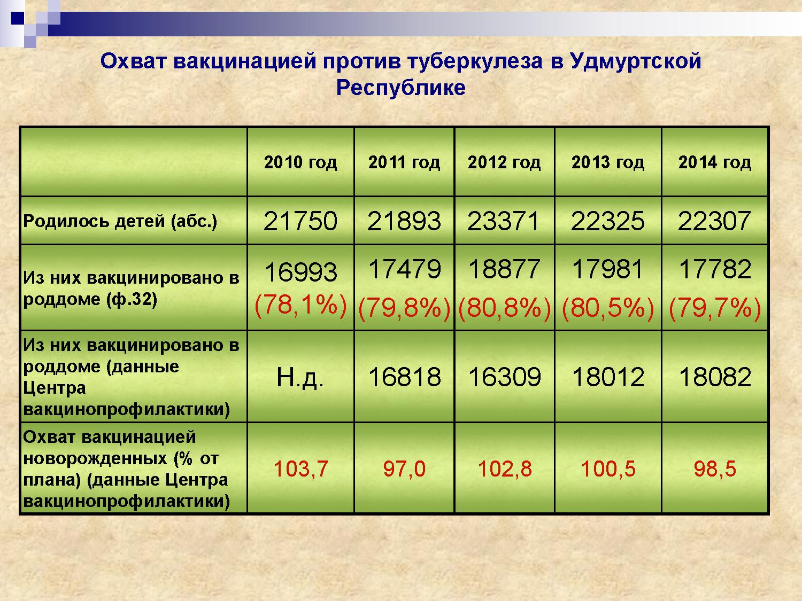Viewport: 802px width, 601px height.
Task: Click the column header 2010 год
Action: (300, 162)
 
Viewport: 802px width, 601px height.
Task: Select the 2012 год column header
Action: (504, 162)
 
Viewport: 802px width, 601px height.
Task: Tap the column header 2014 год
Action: (715, 162)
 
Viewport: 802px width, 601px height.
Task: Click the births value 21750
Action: (300, 221)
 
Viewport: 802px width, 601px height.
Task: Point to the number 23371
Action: (504, 221)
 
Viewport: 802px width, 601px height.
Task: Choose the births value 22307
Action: (715, 221)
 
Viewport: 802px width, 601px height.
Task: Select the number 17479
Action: (404, 269)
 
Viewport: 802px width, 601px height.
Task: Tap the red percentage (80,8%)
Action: (504, 308)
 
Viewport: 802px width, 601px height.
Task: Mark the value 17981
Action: (607, 269)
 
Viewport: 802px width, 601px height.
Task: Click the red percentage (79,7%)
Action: (715, 308)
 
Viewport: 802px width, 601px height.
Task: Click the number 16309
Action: (505, 377)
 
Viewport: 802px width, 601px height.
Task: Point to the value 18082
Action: (715, 377)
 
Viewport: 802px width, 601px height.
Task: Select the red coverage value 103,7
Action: (300, 469)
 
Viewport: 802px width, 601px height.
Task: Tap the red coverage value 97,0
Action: (404, 469)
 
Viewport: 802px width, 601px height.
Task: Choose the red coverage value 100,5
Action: (608, 469)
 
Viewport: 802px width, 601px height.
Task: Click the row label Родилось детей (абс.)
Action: (120, 222)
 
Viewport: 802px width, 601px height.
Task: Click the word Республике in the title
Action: (401, 88)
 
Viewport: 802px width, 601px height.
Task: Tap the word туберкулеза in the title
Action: (475, 61)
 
